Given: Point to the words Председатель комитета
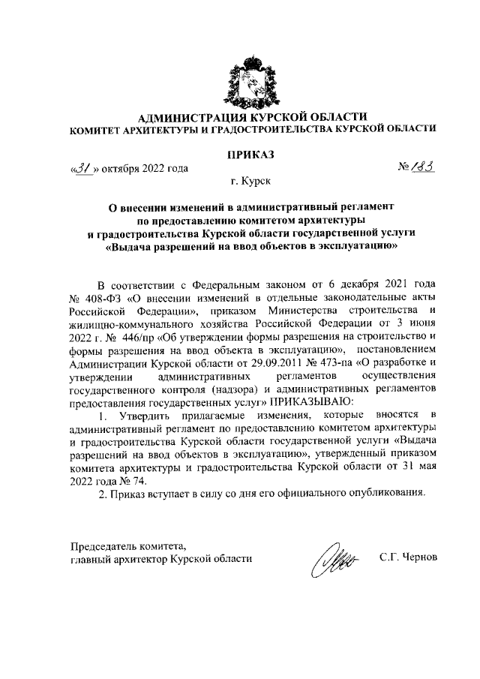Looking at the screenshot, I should (x=127, y=545).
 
